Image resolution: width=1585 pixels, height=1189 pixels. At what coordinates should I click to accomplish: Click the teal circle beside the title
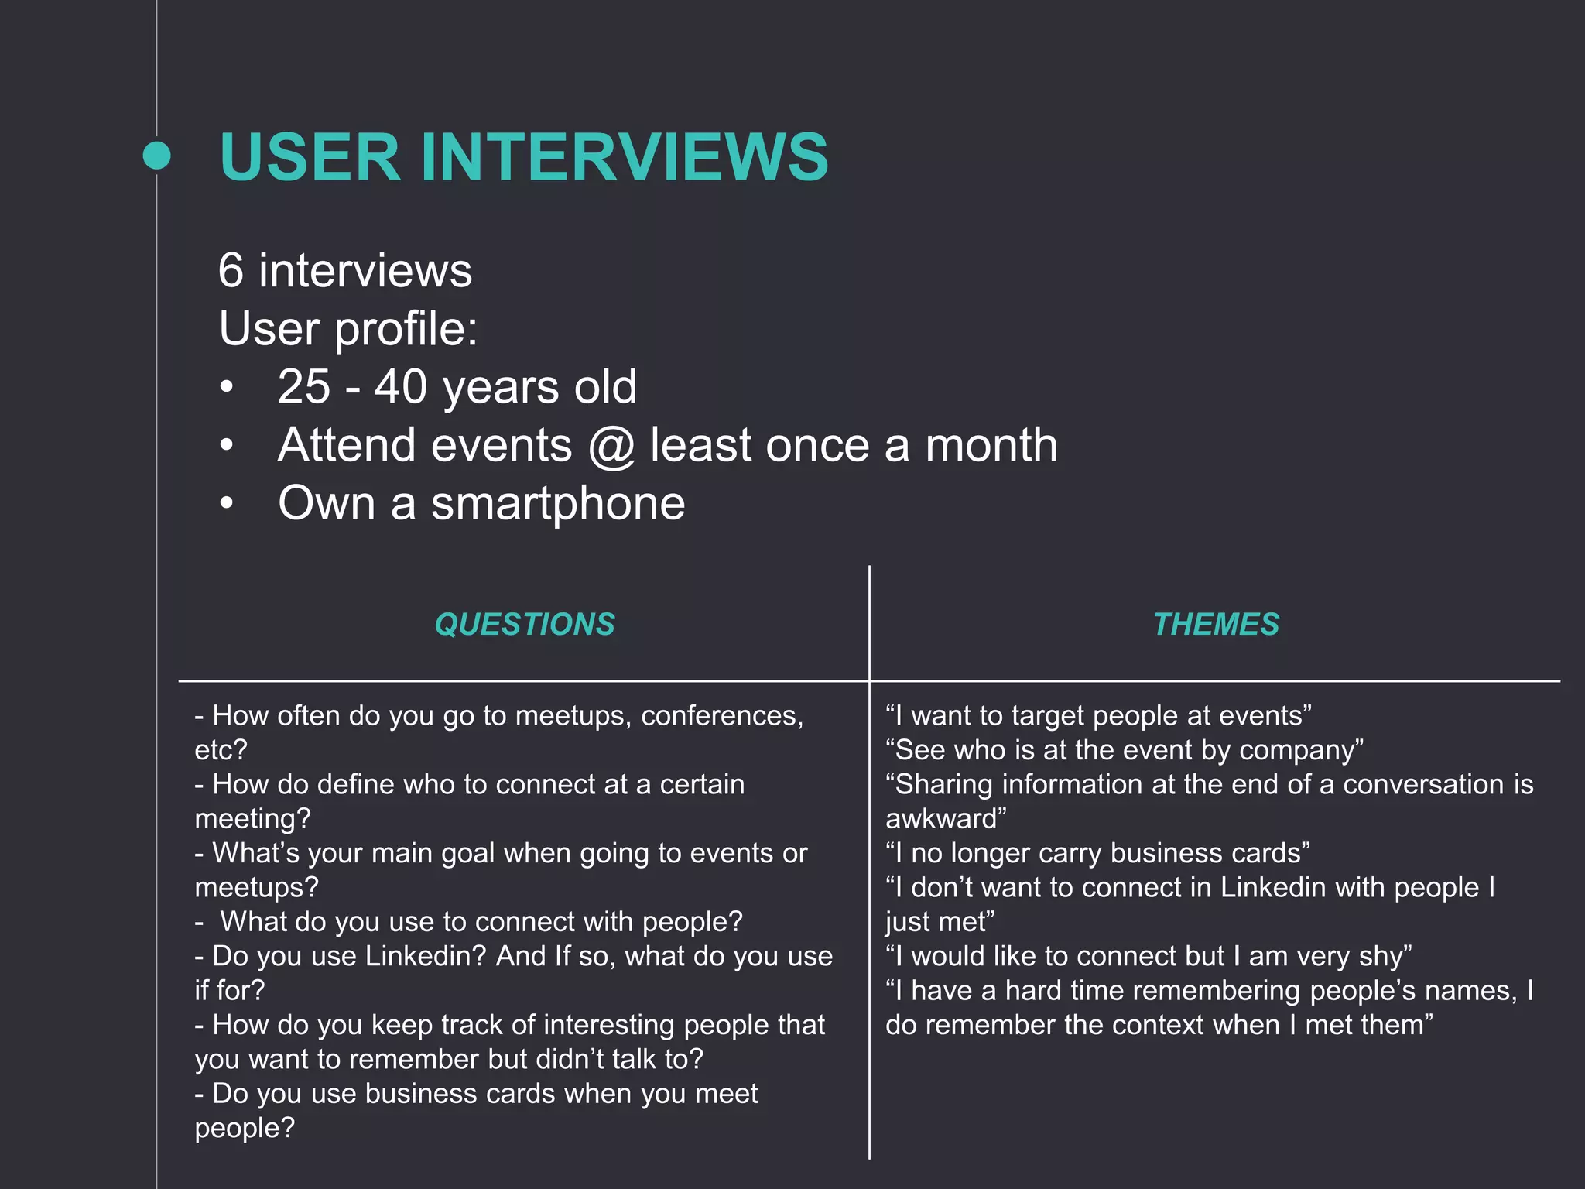tap(157, 156)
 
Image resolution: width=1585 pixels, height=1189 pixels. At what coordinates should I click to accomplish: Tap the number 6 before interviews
tap(231, 271)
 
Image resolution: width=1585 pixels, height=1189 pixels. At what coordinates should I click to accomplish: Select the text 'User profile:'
tap(348, 329)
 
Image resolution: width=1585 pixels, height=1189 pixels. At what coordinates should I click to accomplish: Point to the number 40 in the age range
tap(400, 387)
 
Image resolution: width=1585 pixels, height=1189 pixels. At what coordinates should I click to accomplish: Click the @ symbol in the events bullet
tap(611, 447)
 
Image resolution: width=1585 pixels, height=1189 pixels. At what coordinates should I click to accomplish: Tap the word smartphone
tap(557, 504)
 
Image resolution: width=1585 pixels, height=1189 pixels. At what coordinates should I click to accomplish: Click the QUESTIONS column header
tap(525, 625)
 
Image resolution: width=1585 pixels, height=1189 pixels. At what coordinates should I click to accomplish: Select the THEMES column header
tap(1216, 625)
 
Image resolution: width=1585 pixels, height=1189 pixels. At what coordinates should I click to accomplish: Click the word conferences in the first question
tap(721, 716)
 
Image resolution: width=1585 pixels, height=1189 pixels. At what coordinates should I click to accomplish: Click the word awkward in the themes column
tap(946, 819)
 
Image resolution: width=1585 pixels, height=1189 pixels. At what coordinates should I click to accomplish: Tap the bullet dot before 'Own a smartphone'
tap(226, 504)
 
